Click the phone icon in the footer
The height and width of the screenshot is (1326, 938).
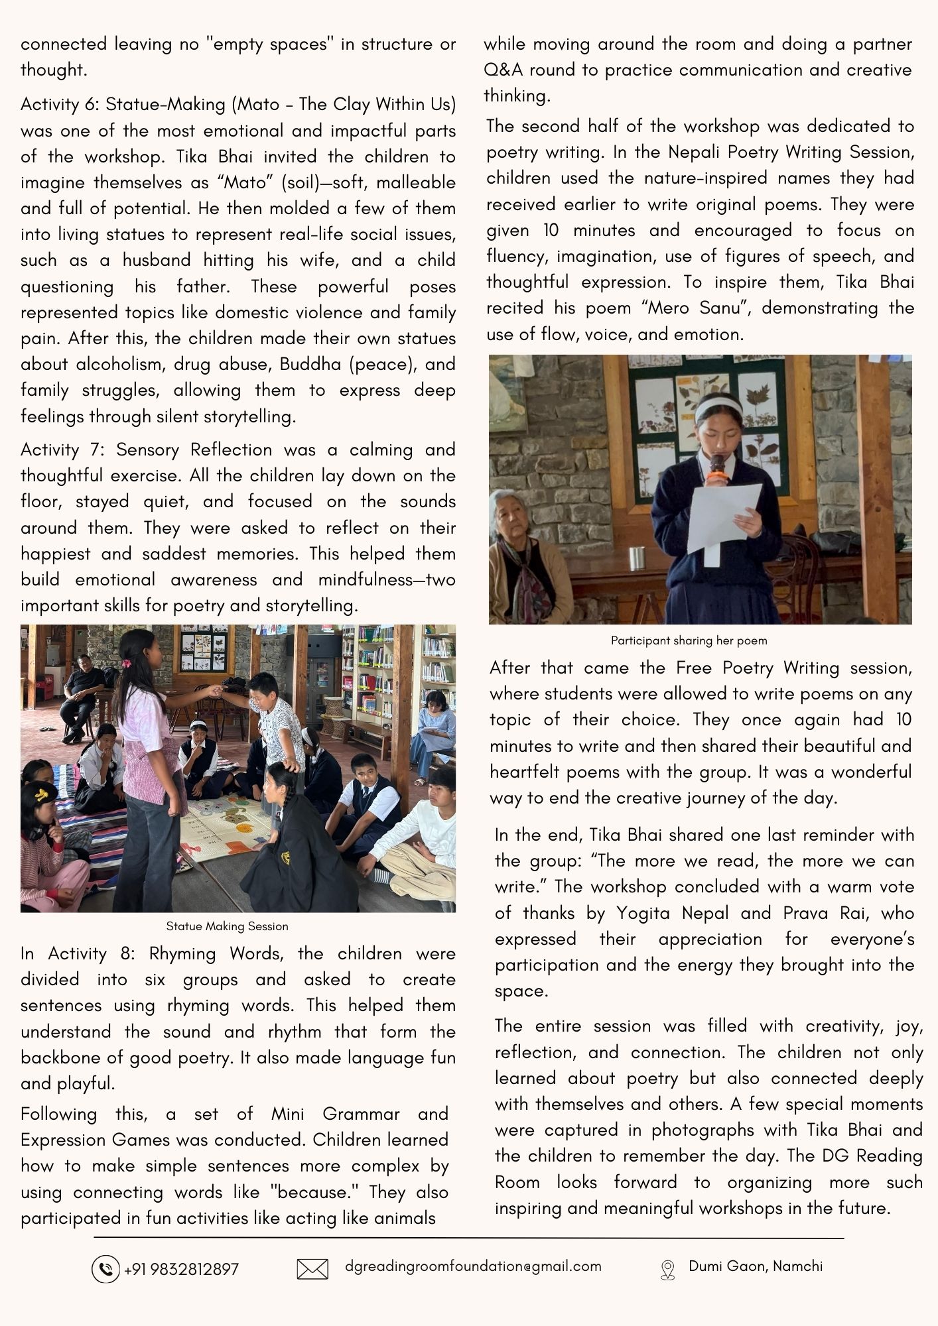(105, 1269)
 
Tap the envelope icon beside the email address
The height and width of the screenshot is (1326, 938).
(312, 1269)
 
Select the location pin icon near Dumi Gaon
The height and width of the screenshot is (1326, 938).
(667, 1270)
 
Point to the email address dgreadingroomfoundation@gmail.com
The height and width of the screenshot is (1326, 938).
(473, 1266)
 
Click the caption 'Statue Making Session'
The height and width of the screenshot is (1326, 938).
(227, 926)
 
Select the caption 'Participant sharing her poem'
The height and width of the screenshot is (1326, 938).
(689, 640)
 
